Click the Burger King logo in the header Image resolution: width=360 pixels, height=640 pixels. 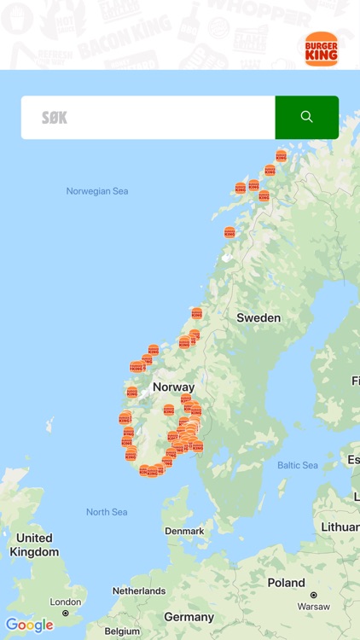321,49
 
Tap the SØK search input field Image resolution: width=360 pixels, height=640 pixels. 148,118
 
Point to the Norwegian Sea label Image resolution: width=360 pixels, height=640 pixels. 97,191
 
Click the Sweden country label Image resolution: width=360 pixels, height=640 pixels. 258,317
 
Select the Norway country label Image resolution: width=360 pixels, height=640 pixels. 173,387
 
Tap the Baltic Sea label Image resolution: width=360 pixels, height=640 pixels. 298,465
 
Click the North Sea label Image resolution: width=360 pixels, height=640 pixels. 107,512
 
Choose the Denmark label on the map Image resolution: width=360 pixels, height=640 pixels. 184,531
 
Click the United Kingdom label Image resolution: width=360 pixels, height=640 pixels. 34,545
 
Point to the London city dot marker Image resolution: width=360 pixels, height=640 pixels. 66,613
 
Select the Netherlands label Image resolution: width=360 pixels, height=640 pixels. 139,591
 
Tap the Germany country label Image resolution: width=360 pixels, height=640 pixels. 189,617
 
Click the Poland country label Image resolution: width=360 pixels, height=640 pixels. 287,583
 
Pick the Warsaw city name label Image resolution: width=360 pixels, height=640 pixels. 313,607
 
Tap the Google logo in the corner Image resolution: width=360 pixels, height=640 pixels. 29,625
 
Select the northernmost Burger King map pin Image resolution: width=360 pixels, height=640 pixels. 281,155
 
